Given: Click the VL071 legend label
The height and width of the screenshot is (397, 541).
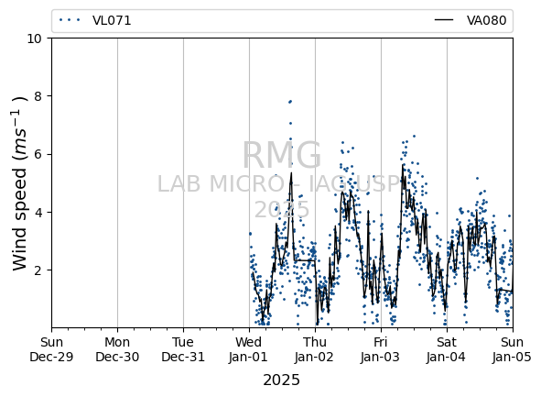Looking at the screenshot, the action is click(112, 20).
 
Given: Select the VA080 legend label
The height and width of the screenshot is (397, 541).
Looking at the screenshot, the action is click(486, 20).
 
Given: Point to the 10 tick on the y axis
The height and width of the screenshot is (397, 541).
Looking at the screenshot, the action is click(34, 39).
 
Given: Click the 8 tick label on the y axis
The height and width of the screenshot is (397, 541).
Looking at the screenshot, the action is click(38, 96).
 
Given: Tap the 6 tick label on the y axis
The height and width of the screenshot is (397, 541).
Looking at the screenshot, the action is click(38, 154).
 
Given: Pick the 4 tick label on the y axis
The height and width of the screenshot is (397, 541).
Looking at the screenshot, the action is click(38, 212).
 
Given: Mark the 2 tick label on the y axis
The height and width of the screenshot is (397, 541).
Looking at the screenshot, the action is click(38, 270).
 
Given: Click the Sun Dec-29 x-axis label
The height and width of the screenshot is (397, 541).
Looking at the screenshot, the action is click(52, 349).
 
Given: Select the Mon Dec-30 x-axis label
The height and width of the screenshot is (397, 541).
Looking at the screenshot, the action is click(117, 349).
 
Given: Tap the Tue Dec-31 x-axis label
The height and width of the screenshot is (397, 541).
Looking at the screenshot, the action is click(183, 349).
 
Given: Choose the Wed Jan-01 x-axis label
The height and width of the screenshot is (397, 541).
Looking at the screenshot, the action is click(248, 349).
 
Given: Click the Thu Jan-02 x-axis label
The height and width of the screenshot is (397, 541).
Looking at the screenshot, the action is click(315, 349).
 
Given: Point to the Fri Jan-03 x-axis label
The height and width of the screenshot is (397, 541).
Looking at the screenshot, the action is click(381, 349).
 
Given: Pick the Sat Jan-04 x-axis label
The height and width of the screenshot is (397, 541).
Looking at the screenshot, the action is click(447, 349).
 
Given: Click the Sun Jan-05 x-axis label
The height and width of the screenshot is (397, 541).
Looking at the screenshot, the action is click(513, 349).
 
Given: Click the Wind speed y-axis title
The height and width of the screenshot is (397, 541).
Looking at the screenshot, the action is click(19, 183).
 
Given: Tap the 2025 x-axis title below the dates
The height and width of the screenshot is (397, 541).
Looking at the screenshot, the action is click(282, 380).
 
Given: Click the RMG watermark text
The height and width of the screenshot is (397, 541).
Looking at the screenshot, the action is click(282, 155).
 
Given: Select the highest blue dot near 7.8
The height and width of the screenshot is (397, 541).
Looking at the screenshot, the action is click(290, 102).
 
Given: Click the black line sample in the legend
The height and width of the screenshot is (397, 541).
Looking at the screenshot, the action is click(444, 20).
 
